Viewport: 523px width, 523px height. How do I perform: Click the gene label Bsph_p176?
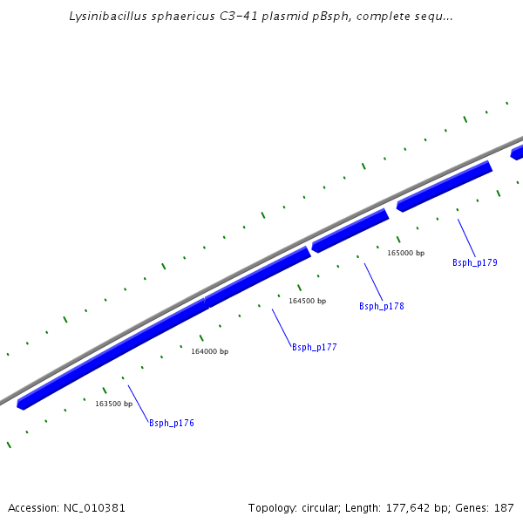(x=171, y=423)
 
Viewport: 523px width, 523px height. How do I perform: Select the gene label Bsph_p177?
(x=314, y=347)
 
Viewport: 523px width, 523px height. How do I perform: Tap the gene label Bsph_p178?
(x=381, y=306)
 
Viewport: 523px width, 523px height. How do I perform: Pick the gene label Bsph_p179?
(x=474, y=262)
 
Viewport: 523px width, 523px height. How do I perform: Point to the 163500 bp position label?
(x=113, y=404)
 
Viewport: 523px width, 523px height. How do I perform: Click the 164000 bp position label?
(x=209, y=351)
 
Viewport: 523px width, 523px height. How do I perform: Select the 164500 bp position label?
(x=307, y=301)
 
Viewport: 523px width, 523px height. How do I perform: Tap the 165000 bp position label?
(x=405, y=253)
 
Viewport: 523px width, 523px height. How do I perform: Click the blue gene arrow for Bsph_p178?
(x=350, y=231)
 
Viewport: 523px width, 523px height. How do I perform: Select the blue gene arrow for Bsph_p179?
(x=445, y=186)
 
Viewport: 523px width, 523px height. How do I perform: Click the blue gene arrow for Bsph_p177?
(x=257, y=277)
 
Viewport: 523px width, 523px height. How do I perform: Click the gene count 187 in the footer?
(x=504, y=507)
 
